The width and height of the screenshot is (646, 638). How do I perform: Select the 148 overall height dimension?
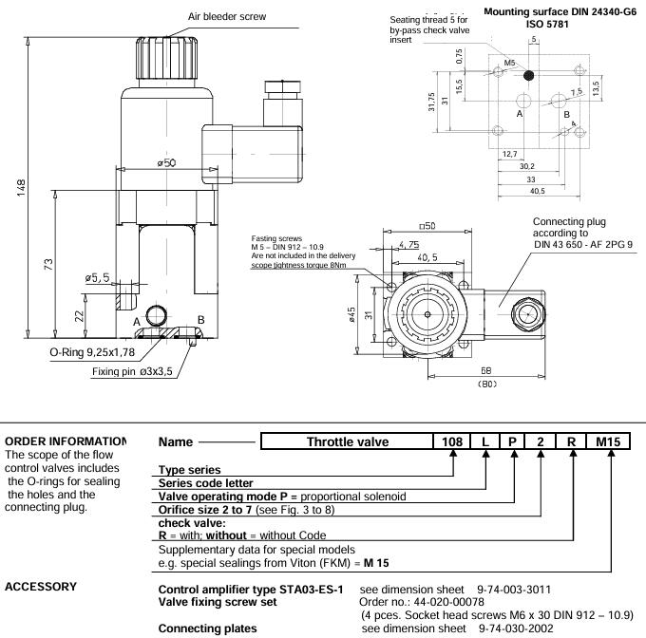click(21, 187)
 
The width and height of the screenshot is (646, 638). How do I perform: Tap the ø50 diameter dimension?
click(167, 163)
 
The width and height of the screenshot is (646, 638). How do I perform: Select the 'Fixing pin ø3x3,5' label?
click(132, 371)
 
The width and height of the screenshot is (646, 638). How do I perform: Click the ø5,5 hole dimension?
click(98, 277)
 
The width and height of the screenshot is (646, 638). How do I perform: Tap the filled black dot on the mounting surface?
click(529, 74)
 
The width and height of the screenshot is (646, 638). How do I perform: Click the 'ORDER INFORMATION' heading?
click(65, 441)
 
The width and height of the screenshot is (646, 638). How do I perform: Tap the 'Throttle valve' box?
click(343, 441)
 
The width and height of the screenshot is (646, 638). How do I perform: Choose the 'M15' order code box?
click(607, 441)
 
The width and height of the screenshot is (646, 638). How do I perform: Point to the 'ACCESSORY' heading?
click(41, 587)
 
